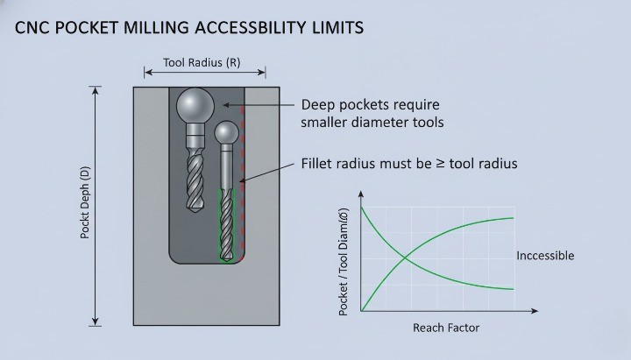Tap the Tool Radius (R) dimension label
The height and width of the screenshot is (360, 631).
(202, 63)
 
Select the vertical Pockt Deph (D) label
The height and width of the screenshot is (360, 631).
(85, 206)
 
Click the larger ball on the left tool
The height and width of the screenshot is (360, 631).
(195, 107)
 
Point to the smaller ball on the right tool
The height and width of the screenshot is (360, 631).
(226, 132)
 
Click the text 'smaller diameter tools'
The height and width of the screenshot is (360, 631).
(372, 123)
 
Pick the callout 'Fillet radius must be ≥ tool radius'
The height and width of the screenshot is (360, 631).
(409, 164)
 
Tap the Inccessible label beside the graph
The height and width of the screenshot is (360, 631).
(544, 256)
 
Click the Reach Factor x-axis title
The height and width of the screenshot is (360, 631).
(445, 328)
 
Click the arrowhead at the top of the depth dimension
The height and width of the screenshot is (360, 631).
(96, 89)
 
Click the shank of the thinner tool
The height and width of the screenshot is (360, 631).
(226, 166)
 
